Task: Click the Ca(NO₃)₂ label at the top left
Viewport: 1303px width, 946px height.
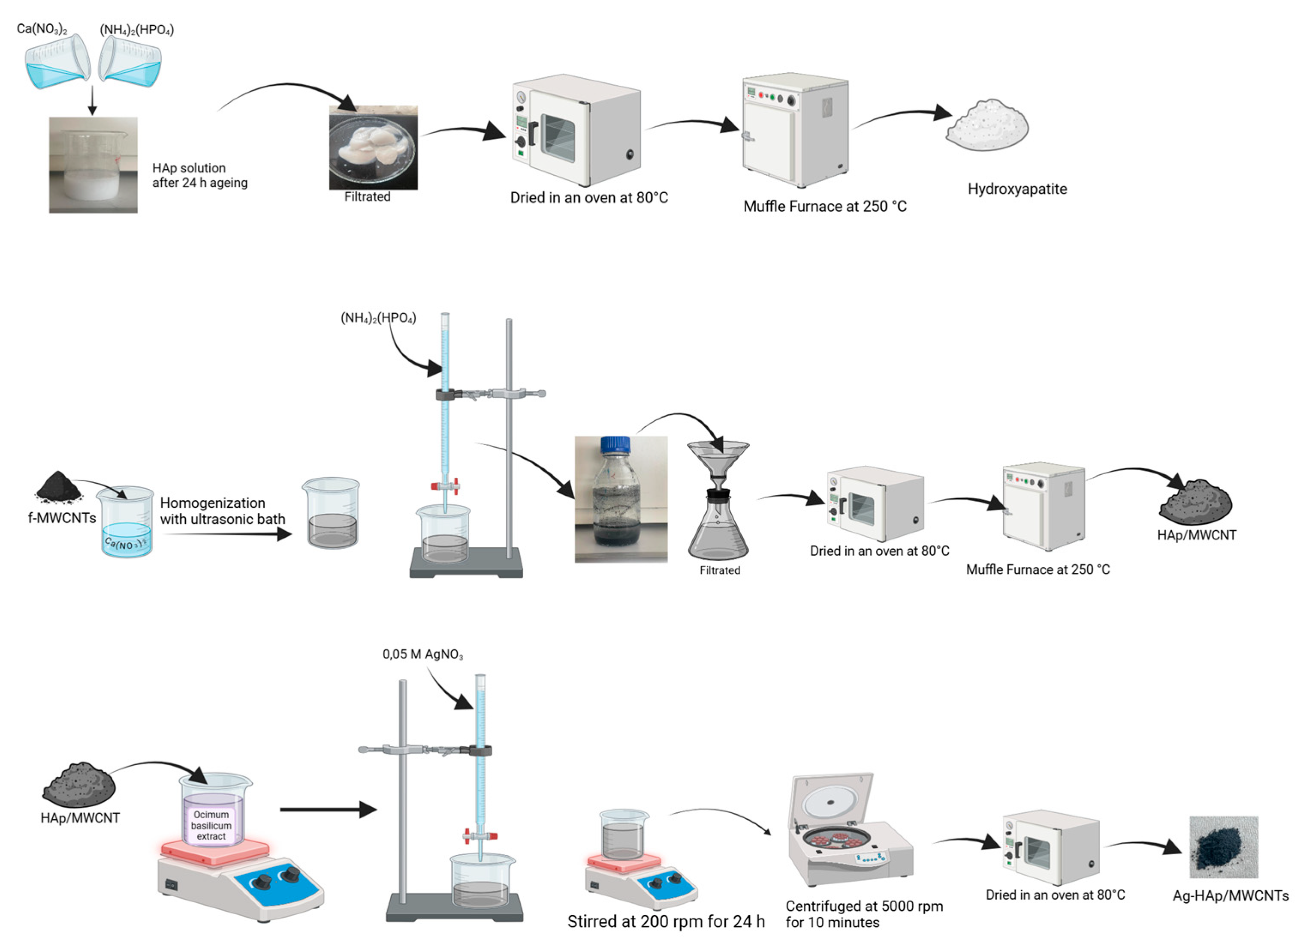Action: [x=41, y=29]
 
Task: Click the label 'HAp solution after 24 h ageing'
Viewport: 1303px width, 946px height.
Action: [x=199, y=176]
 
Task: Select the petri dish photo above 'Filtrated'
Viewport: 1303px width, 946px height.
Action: [x=373, y=147]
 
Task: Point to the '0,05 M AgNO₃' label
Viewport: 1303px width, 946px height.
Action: [x=422, y=654]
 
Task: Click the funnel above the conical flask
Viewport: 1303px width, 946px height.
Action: [x=718, y=459]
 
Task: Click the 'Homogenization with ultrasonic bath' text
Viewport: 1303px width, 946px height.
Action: [x=222, y=511]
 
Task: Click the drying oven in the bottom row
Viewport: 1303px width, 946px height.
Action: [x=1051, y=848]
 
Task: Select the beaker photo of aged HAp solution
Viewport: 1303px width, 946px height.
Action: [x=93, y=165]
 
